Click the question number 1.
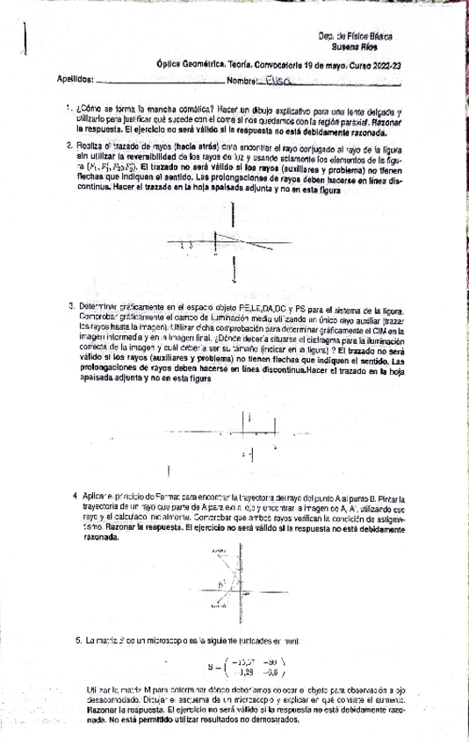[x=69, y=107]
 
